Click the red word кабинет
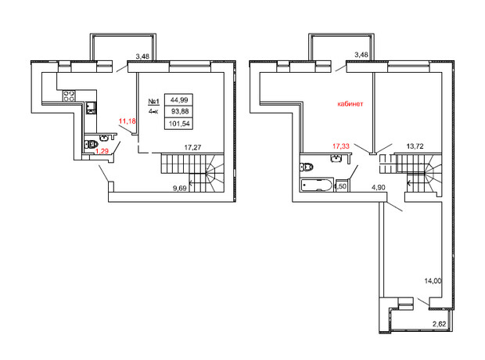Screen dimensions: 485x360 click(x=350, y=104)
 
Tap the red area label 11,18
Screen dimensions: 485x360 click(x=128, y=121)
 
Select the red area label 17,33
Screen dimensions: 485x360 click(x=341, y=146)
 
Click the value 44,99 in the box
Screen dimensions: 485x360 click(x=179, y=100)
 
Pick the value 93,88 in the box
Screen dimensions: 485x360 click(x=180, y=111)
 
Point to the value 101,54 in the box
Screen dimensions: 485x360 click(x=179, y=124)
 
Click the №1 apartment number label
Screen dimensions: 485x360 click(x=154, y=102)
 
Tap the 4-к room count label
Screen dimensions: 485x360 click(x=153, y=112)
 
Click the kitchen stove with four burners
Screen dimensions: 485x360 click(x=69, y=95)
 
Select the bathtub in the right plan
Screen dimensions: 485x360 click(x=316, y=185)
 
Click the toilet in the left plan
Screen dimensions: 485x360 click(x=91, y=144)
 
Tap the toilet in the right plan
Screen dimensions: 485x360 click(x=306, y=167)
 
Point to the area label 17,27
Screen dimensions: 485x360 click(x=192, y=148)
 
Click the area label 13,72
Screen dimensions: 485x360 click(x=415, y=146)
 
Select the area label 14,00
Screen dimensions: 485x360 click(x=433, y=281)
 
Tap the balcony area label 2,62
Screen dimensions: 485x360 click(x=439, y=324)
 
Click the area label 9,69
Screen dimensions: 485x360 click(x=180, y=188)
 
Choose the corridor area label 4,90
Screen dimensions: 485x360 click(x=379, y=187)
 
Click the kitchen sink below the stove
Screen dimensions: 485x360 click(x=91, y=108)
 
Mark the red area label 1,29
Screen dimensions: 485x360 click(x=102, y=151)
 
